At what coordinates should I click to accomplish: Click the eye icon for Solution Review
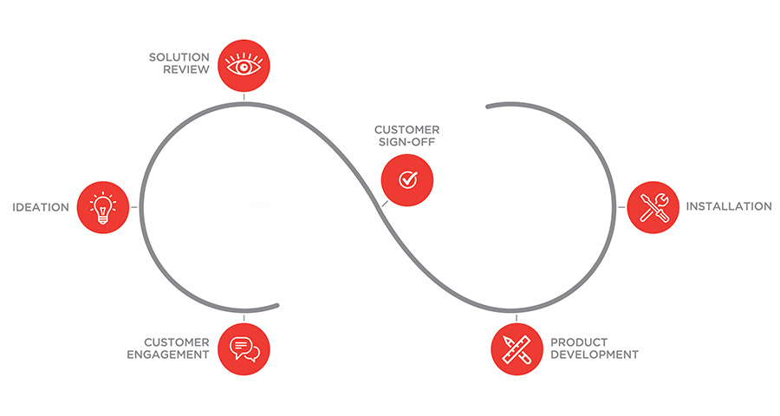(244, 65)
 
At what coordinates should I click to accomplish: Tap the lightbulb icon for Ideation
(103, 207)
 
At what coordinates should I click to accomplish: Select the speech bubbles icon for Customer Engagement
(244, 348)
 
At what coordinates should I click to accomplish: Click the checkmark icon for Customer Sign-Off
(407, 179)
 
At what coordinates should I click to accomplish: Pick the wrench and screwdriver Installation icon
(653, 207)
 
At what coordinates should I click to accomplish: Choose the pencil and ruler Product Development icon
(517, 348)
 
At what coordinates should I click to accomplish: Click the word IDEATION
(40, 207)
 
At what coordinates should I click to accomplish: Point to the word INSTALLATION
(729, 206)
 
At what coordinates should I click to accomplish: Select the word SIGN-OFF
(402, 143)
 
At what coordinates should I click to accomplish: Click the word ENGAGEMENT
(168, 354)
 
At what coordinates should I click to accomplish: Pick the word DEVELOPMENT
(595, 354)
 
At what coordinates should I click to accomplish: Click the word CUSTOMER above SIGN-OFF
(401, 130)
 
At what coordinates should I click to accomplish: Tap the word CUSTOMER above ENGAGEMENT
(177, 342)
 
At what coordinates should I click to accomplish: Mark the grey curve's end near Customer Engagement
(276, 304)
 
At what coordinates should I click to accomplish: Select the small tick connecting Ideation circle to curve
(134, 207)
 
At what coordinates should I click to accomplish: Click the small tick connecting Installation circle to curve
(622, 207)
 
